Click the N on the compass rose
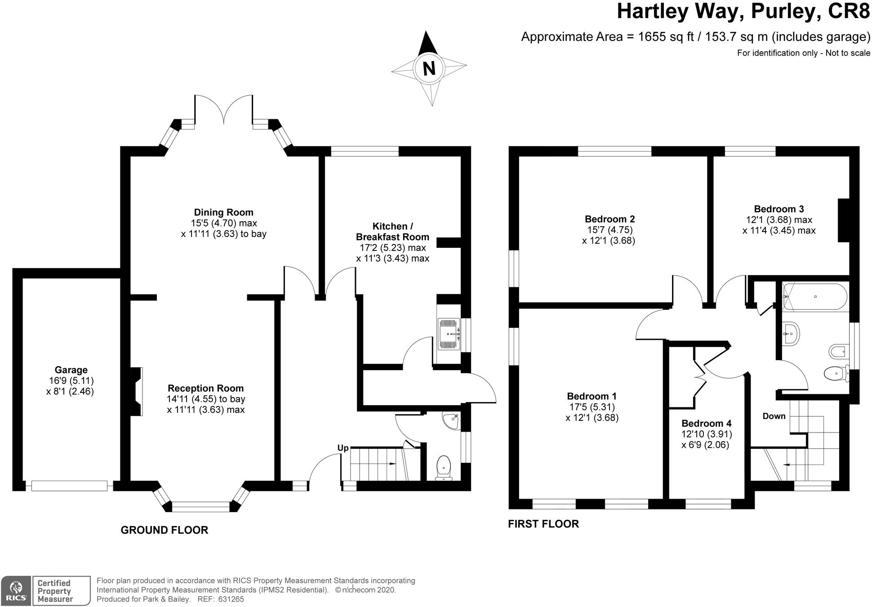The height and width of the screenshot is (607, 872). [x=429, y=69]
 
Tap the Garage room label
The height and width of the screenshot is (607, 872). [x=71, y=370]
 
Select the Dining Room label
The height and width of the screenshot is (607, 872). [x=223, y=212]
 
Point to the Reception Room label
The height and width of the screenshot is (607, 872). [x=205, y=388]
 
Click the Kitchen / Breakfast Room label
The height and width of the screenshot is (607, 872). [x=392, y=232]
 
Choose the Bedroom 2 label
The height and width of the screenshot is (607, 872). [x=610, y=219]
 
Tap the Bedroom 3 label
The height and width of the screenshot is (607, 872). [x=779, y=209]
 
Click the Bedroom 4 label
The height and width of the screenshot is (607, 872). [x=707, y=423]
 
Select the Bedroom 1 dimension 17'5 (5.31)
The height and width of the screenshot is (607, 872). [x=592, y=407]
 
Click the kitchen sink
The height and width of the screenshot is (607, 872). [x=449, y=334]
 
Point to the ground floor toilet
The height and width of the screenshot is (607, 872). [x=444, y=468]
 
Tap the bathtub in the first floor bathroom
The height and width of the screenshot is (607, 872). [x=815, y=296]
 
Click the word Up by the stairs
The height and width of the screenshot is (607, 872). [x=343, y=448]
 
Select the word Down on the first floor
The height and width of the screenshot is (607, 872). [x=774, y=416]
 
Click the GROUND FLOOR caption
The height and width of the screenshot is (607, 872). [x=165, y=530]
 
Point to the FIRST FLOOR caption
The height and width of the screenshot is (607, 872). [x=543, y=524]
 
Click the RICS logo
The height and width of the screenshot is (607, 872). [x=16, y=590]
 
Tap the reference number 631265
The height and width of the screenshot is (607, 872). [x=231, y=599]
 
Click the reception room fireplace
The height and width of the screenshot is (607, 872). [x=136, y=391]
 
